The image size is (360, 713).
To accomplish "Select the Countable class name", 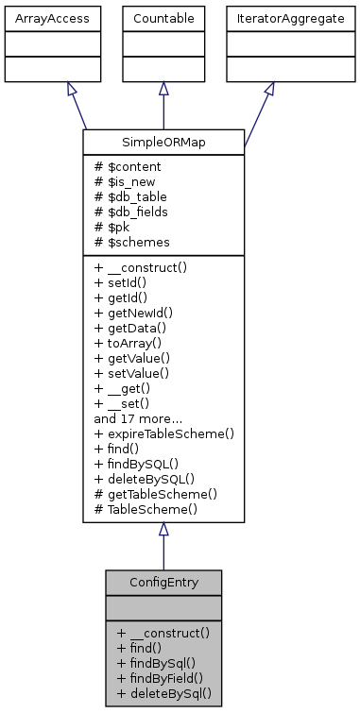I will coord(163,17).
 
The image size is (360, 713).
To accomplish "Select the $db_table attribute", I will coord(127,196).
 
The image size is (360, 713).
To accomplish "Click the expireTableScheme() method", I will coord(163,433).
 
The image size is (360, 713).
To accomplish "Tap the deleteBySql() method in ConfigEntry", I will coord(163,692).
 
